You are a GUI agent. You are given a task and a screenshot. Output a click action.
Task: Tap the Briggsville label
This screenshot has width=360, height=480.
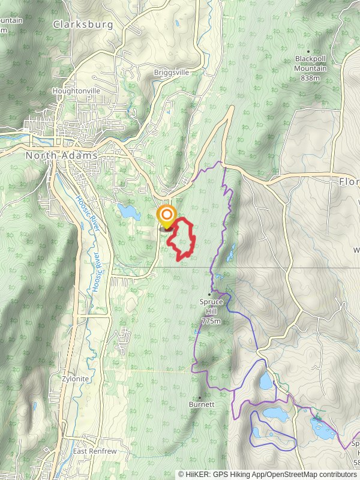[171, 72]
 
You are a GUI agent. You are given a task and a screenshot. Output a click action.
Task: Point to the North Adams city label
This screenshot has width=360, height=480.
[62, 155]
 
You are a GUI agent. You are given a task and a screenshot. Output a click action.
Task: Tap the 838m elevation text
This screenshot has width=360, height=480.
[311, 77]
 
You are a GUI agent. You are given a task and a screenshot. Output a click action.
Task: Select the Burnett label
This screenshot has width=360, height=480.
[202, 404]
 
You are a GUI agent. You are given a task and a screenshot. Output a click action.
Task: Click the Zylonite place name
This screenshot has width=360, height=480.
[75, 379]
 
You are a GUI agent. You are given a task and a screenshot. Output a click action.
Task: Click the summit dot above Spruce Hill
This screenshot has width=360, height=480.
[209, 295]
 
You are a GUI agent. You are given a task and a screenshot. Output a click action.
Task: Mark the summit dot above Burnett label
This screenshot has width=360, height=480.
[200, 397]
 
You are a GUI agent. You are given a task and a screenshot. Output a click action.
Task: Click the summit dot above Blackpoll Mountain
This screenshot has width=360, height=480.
[308, 52]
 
